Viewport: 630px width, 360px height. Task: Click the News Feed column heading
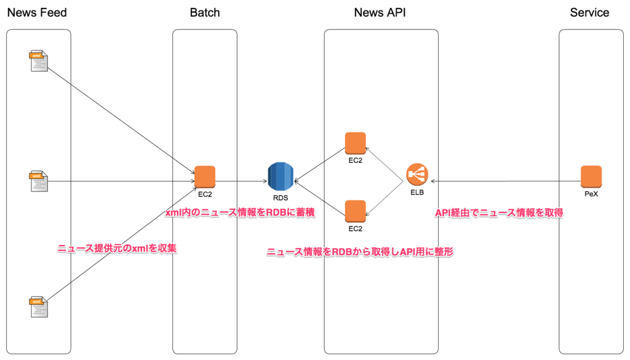37,12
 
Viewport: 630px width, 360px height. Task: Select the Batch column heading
205,12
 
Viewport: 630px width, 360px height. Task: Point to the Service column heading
589,12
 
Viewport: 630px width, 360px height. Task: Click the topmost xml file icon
39,62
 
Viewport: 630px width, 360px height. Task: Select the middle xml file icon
39,182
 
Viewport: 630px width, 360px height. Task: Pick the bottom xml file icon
39,307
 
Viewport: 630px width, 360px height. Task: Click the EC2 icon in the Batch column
205,177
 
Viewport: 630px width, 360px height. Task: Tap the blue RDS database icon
281,177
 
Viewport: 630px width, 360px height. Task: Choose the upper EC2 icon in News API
355,143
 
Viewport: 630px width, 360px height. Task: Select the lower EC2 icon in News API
355,211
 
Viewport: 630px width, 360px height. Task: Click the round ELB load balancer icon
417,176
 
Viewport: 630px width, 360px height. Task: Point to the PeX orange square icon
591,177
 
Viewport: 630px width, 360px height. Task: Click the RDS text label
281,198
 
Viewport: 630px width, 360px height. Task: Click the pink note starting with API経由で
500,213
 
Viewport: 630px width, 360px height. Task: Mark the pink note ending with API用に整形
359,252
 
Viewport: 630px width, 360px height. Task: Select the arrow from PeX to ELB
504,182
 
